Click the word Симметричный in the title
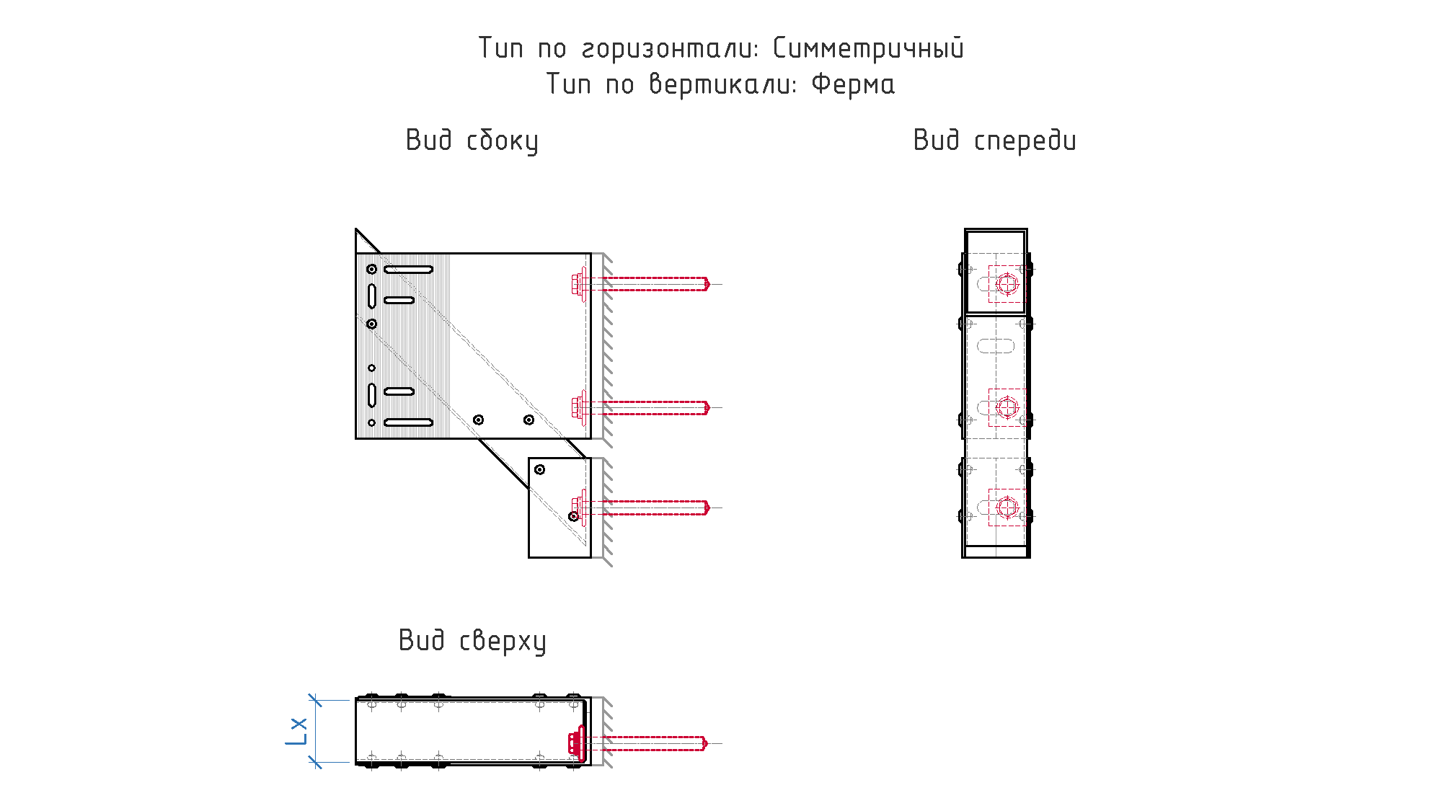click(868, 48)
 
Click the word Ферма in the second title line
click(853, 84)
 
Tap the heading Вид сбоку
click(472, 141)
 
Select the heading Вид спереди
click(994, 141)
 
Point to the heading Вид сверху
click(472, 641)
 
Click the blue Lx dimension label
click(296, 731)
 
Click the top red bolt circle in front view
click(1007, 284)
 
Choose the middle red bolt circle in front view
click(1007, 408)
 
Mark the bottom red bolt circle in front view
click(1007, 508)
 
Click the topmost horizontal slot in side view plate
click(408, 270)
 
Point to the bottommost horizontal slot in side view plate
click(408, 422)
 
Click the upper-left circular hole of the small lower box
click(539, 469)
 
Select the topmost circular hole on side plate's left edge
click(371, 269)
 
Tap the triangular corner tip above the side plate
click(356, 229)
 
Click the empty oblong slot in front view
click(996, 346)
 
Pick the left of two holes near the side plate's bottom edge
click(478, 420)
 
